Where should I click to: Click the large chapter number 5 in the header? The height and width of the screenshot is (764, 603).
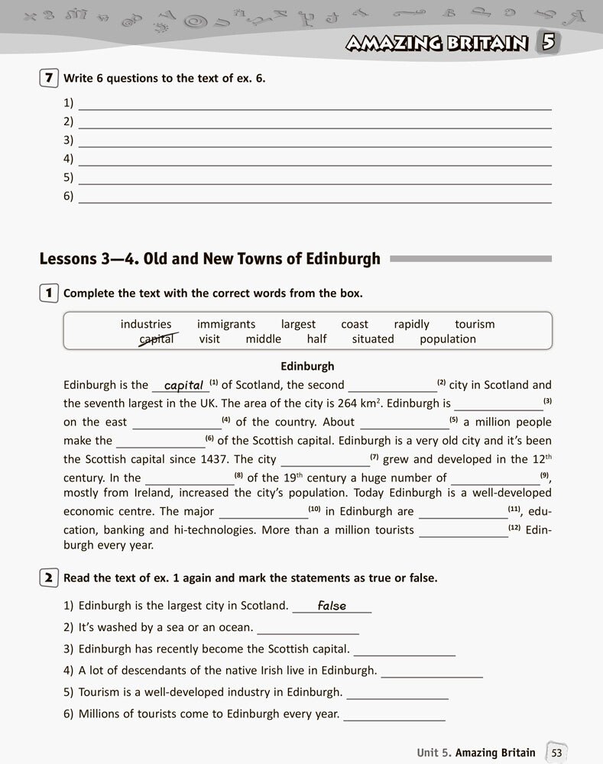547,42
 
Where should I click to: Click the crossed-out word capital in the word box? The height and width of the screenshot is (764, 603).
157,339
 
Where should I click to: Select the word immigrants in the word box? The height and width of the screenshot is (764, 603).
226,324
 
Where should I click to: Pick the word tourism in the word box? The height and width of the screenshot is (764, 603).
475,324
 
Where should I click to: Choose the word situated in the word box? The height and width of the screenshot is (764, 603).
373,339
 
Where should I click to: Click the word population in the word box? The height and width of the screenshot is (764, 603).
448,339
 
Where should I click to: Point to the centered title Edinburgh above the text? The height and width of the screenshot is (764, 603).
308,366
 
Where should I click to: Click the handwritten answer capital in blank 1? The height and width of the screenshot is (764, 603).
183,385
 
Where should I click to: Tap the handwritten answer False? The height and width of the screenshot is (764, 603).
332,606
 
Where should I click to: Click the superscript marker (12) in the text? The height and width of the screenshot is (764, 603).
515,528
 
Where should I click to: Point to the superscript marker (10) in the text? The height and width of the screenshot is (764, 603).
314,509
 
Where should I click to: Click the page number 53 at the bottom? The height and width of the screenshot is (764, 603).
556,753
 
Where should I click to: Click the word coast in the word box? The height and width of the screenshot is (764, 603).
355,324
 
